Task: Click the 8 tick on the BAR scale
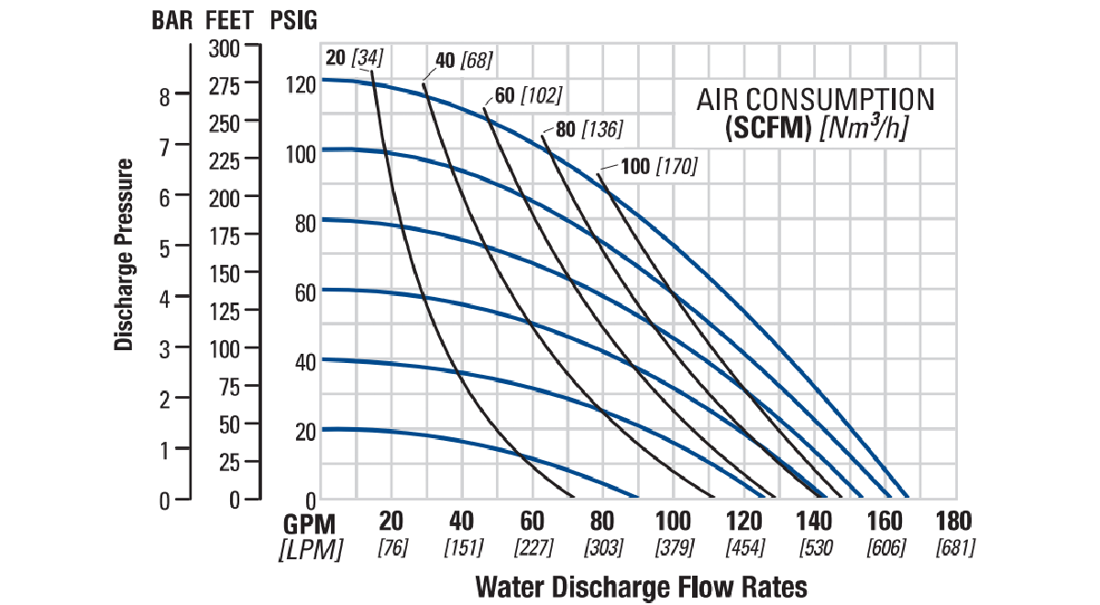pos(164,95)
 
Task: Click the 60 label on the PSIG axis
pos(306,292)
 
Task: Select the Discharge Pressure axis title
pos(125,255)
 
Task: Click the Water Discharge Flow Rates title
pos(641,586)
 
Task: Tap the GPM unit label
pos(310,523)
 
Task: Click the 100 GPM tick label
pos(673,522)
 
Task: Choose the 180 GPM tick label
pos(953,522)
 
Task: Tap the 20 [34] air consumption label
pos(354,59)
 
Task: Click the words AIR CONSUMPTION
pos(816,99)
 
